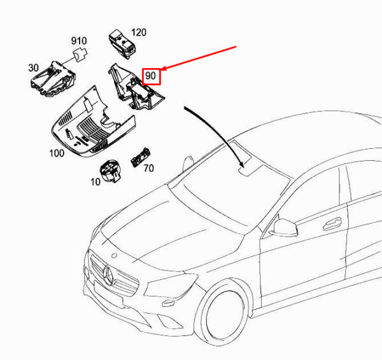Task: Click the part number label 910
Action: click(x=78, y=41)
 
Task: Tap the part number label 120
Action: click(x=138, y=32)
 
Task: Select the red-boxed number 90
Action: click(x=151, y=77)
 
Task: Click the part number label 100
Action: click(x=57, y=153)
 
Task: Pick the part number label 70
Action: click(x=148, y=169)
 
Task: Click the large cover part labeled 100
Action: click(x=89, y=124)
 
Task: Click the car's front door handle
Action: click(x=331, y=223)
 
